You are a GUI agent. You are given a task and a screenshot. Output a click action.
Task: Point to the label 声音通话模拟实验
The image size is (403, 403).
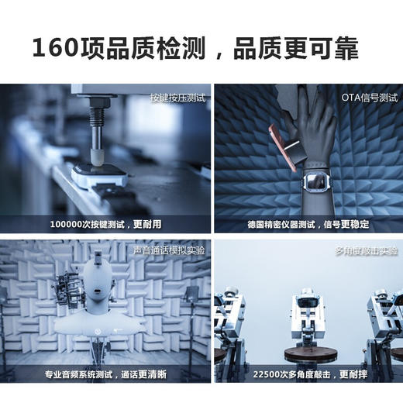tap(170, 250)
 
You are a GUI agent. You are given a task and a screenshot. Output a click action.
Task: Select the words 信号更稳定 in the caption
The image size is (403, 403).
tap(346, 225)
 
